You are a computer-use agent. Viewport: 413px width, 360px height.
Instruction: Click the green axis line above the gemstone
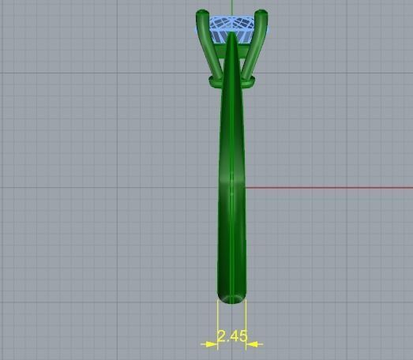231,6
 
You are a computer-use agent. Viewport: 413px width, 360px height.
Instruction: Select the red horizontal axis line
332,188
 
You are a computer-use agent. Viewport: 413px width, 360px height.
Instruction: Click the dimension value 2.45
232,336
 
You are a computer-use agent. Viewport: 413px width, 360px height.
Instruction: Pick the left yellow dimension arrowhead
210,343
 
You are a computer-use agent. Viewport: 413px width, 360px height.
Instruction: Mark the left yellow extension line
218,324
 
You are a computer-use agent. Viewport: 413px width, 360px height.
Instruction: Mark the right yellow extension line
246,324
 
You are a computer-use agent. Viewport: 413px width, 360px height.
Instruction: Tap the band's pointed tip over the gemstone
231,36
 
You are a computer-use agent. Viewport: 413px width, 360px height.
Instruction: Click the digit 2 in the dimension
223,336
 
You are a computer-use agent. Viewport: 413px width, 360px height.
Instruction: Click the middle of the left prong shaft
211,51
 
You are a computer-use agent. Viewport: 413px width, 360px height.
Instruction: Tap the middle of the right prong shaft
254,51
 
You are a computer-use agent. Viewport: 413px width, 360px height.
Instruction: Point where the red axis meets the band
246,188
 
